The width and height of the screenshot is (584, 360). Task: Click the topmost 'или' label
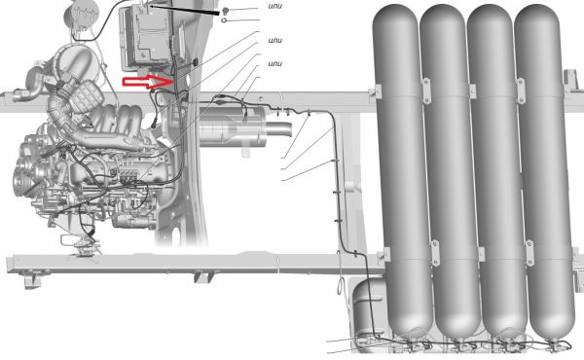click(x=274, y=7)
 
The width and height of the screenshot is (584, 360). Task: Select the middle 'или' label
click(x=274, y=41)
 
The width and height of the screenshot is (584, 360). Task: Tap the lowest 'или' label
click(x=274, y=63)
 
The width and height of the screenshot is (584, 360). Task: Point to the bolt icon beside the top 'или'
click(x=225, y=10)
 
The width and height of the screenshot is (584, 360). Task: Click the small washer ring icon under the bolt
click(x=224, y=20)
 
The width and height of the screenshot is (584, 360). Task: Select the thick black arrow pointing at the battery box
click(x=184, y=10)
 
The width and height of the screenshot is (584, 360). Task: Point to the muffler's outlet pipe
click(x=279, y=129)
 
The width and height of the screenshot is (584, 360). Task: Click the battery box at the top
click(x=148, y=36)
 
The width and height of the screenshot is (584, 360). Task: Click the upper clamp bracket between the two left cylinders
click(x=426, y=90)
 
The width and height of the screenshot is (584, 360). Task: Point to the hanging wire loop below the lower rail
click(x=340, y=283)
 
